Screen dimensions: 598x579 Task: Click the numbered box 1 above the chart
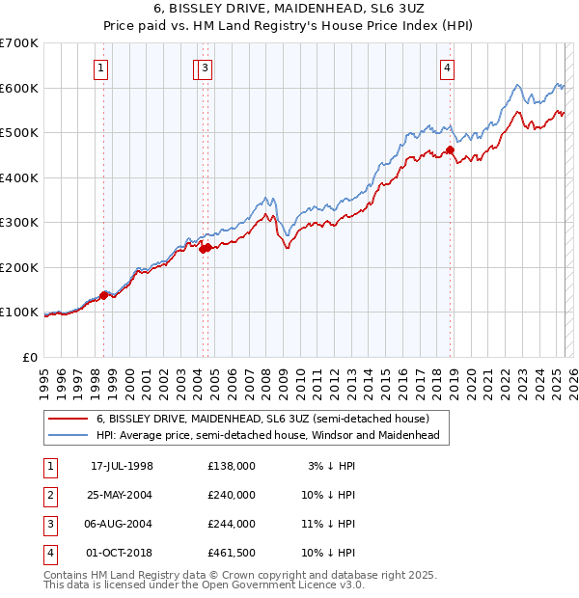pyautogui.click(x=101, y=68)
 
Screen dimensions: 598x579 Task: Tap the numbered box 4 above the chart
pyautogui.click(x=449, y=68)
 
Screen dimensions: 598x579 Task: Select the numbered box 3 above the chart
pyautogui.click(x=207, y=68)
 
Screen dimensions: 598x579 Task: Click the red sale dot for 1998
pyautogui.click(x=104, y=295)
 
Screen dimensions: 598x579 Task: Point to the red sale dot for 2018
pyautogui.click(x=450, y=150)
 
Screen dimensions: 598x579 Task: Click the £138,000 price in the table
pyautogui.click(x=232, y=466)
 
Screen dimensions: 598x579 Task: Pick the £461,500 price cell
pyautogui.click(x=232, y=553)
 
